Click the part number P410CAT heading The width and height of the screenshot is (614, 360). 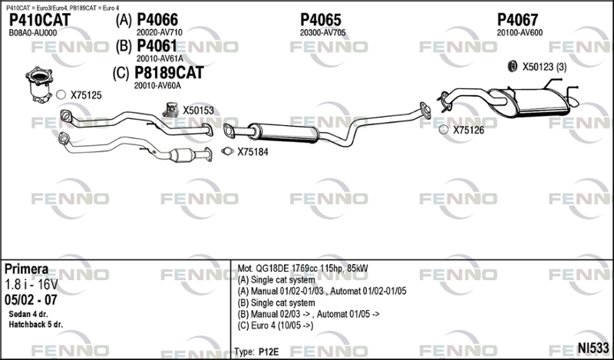pyautogui.click(x=40, y=20)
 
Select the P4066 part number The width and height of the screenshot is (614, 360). pyautogui.click(x=157, y=20)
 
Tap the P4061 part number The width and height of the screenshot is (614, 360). pyautogui.click(x=157, y=46)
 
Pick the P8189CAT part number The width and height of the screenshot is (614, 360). pyautogui.click(x=169, y=73)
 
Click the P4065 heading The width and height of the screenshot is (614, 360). pyautogui.click(x=321, y=20)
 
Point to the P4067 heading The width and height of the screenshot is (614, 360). pyautogui.click(x=517, y=20)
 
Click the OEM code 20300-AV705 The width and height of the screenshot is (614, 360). pyautogui.click(x=322, y=33)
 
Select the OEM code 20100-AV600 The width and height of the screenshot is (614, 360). pyautogui.click(x=520, y=33)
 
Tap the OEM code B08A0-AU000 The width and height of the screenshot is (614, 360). pyautogui.click(x=32, y=33)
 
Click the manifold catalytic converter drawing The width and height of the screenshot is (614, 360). pyautogui.click(x=39, y=84)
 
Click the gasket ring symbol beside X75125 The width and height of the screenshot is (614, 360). pyautogui.click(x=61, y=94)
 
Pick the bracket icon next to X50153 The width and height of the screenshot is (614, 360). pyautogui.click(x=170, y=110)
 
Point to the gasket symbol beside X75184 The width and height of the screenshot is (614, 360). pyautogui.click(x=227, y=151)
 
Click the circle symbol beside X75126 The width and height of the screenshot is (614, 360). pyautogui.click(x=444, y=129)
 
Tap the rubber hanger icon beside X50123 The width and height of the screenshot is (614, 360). pyautogui.click(x=512, y=67)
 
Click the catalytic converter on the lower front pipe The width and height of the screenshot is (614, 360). pyautogui.click(x=182, y=156)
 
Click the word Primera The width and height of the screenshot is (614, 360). pyautogui.click(x=27, y=269)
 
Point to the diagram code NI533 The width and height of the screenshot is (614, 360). pyautogui.click(x=593, y=348)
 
